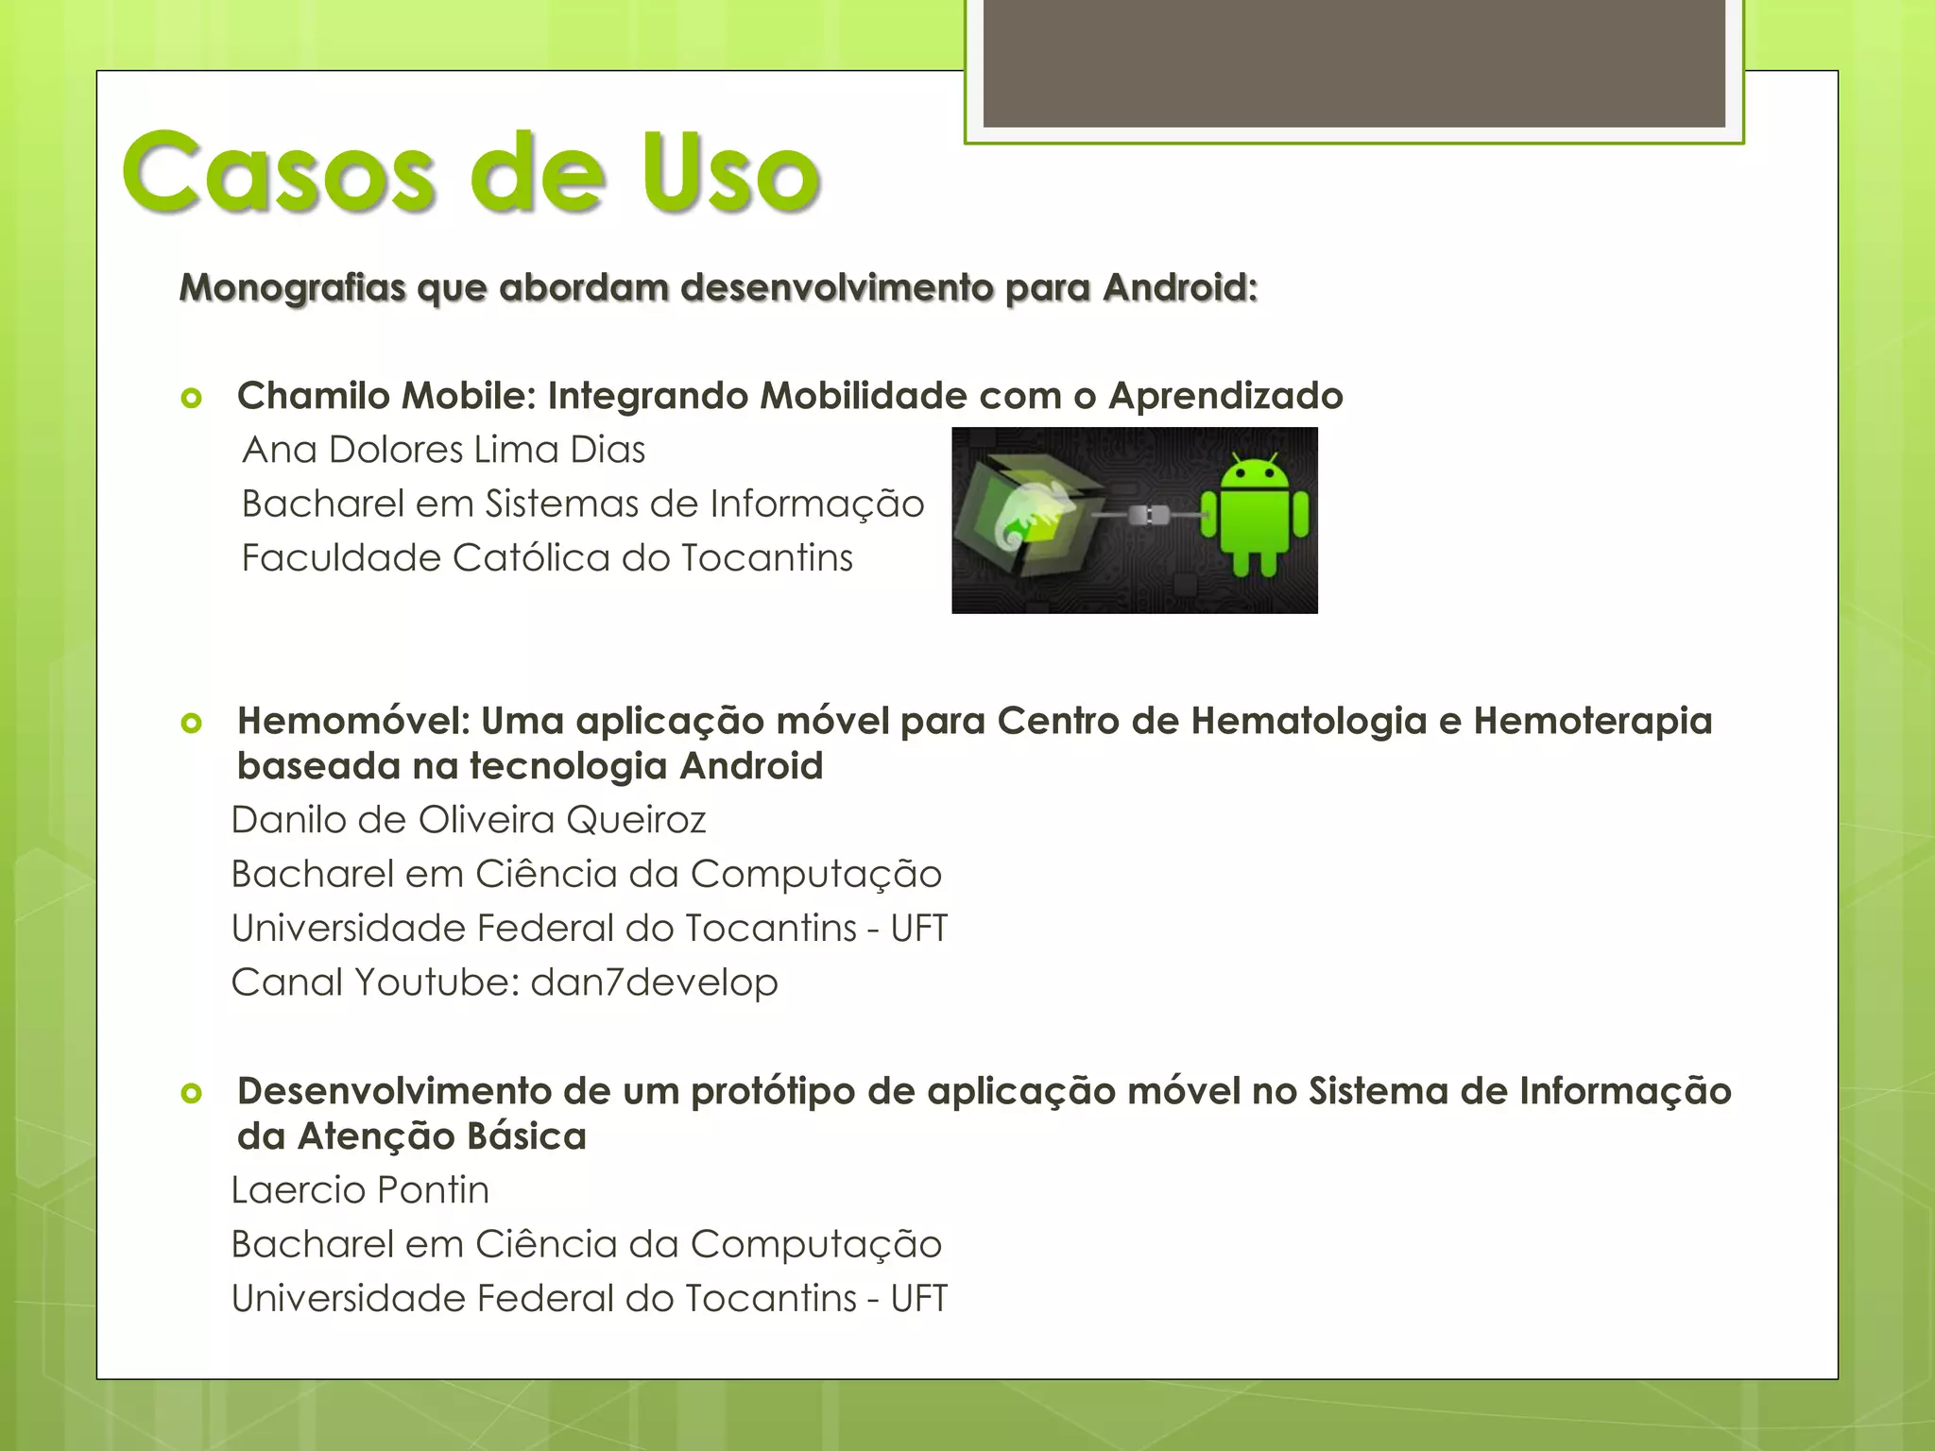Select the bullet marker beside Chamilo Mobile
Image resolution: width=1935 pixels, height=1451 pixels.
(192, 398)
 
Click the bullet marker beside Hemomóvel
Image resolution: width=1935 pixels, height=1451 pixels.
(192, 724)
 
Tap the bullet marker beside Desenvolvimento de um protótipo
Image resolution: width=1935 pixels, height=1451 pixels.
(192, 1094)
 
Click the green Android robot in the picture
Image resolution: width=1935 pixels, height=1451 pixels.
(1255, 515)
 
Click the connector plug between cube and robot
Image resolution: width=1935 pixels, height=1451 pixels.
(1151, 516)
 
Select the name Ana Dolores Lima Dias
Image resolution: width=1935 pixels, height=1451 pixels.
(443, 450)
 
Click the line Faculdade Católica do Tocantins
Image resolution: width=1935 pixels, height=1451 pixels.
(547, 558)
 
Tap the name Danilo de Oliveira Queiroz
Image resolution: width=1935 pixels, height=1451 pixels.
(469, 820)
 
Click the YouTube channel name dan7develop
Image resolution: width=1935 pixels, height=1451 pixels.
(654, 982)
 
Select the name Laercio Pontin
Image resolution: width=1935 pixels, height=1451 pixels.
(360, 1190)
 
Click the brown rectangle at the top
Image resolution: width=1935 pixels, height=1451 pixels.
(1353, 62)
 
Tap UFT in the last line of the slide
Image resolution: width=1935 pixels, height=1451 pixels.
(918, 1299)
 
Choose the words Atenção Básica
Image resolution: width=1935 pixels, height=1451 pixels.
(442, 1136)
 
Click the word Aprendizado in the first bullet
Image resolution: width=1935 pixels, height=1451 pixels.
(1225, 396)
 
